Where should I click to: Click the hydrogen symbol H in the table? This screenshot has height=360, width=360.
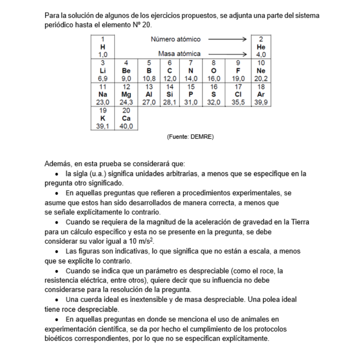point(103,47)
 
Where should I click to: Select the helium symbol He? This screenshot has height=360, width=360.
point(261,47)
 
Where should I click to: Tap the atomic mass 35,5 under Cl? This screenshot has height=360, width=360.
point(238,102)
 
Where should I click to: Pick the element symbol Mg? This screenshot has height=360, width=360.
point(126,95)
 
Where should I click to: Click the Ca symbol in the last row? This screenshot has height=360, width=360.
point(126,118)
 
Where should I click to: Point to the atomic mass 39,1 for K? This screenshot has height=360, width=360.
point(103,126)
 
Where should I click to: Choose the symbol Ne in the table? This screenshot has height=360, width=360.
point(261,71)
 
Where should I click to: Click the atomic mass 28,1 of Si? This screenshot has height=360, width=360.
point(170,102)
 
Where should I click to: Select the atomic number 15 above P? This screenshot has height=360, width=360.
point(191,87)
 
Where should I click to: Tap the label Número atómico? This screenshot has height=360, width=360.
point(175,39)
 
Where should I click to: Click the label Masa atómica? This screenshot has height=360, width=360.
point(179,54)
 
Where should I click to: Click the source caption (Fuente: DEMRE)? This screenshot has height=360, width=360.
point(190,137)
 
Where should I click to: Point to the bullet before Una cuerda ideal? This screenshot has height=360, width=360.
point(57,300)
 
